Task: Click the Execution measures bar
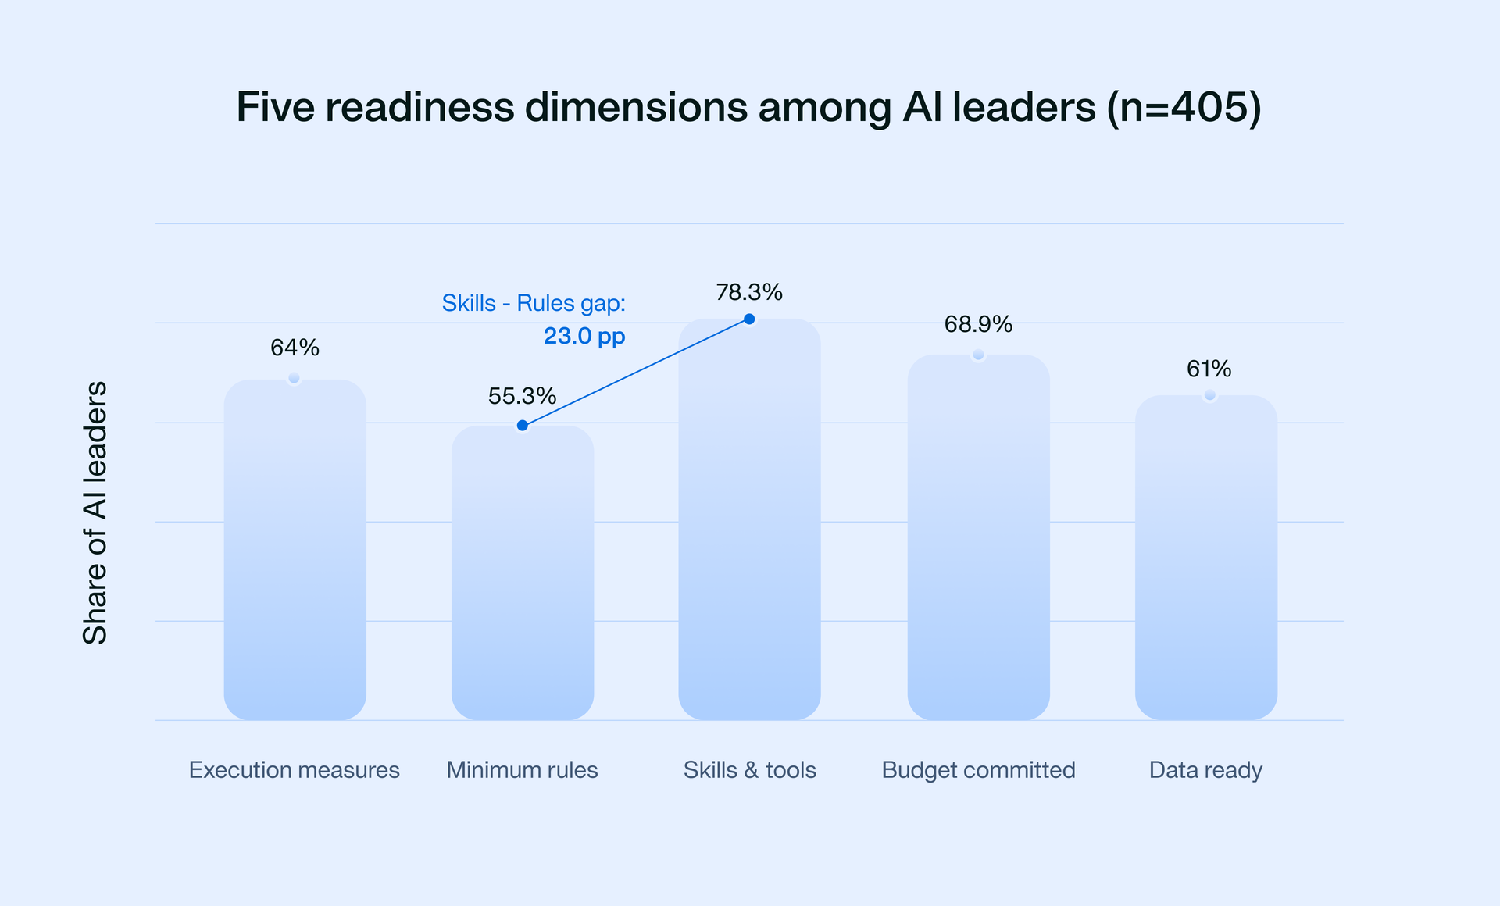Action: pyautogui.click(x=295, y=551)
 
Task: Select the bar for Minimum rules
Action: pyautogui.click(x=523, y=574)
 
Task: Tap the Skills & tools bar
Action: pyautogui.click(x=749, y=519)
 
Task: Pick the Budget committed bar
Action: pyautogui.click(x=978, y=539)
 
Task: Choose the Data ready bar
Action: pyautogui.click(x=1205, y=558)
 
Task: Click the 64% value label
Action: pyautogui.click(x=295, y=348)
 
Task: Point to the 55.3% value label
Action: pyautogui.click(x=522, y=396)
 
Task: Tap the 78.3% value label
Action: pyautogui.click(x=749, y=292)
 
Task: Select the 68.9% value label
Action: pyautogui.click(x=978, y=324)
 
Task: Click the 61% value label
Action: pyautogui.click(x=1209, y=369)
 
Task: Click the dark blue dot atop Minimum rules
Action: pyautogui.click(x=523, y=426)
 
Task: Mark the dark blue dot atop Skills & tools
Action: pyautogui.click(x=749, y=319)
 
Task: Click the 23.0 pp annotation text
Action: pyautogui.click(x=584, y=336)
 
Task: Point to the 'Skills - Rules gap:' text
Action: pyautogui.click(x=534, y=303)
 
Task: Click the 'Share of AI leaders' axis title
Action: pyautogui.click(x=95, y=513)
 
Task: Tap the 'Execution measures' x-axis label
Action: pyautogui.click(x=294, y=770)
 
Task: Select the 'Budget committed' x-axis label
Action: pyautogui.click(x=978, y=770)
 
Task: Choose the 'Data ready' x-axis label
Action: pyautogui.click(x=1205, y=770)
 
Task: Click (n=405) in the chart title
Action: pyautogui.click(x=1184, y=107)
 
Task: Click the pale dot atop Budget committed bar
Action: pyautogui.click(x=978, y=355)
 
